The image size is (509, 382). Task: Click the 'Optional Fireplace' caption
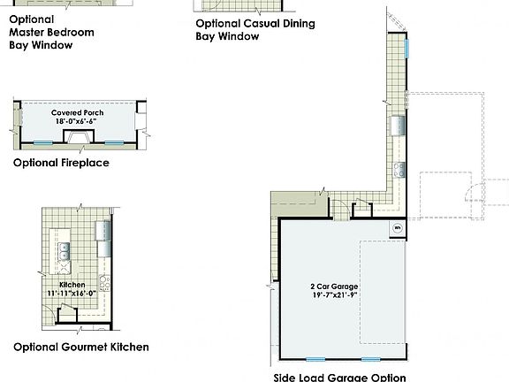point(61,164)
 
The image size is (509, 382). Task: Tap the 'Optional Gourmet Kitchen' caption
point(81,348)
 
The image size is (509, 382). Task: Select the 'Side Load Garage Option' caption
point(339,377)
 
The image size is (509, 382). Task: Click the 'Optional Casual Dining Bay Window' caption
point(254,30)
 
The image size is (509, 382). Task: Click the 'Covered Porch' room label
point(79,113)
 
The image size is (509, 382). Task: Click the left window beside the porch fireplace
point(43,142)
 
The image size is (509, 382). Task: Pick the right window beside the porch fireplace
point(114,142)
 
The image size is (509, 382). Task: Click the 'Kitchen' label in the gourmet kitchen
point(72,285)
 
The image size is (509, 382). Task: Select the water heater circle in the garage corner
point(397,228)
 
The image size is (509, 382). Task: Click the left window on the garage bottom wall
point(313,359)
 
